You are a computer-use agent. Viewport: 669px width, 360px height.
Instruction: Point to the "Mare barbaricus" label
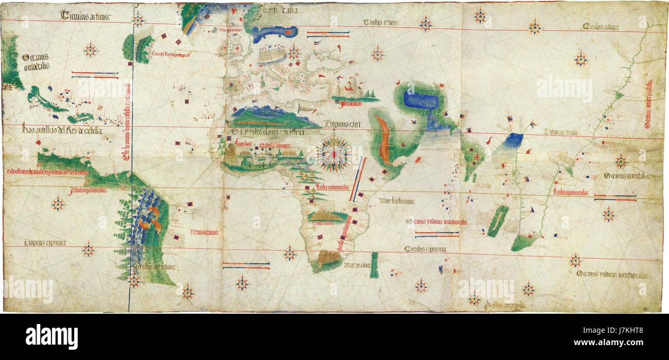tap(397, 201)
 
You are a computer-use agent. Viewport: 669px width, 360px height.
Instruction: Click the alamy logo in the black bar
tap(51, 336)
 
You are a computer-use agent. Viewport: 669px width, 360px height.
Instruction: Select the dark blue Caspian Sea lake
tap(421, 100)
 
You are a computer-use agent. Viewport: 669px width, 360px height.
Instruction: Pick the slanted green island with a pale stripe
tap(498, 221)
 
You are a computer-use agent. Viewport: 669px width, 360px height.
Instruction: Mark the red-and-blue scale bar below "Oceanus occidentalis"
tap(95, 76)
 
